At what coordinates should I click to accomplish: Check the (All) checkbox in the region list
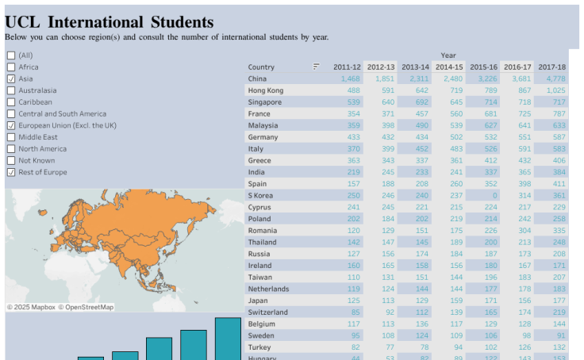coord(11,56)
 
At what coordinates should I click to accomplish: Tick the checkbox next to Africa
coord(11,67)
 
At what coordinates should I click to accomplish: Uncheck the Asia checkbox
coord(11,79)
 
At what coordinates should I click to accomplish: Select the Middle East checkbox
coord(11,137)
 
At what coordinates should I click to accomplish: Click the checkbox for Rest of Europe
coord(11,172)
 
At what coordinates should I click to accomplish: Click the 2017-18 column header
coord(551,67)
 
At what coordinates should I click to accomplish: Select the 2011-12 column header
coord(347,67)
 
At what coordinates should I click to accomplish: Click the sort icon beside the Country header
coord(317,67)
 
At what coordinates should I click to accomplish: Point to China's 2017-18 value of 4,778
coord(555,79)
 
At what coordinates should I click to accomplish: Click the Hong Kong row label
coord(265,90)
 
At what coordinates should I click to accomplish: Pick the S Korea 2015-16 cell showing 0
coord(494,195)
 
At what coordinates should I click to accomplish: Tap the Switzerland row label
coord(267,312)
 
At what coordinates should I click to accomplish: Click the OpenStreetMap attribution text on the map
coord(89,307)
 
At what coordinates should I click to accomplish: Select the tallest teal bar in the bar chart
coord(228,339)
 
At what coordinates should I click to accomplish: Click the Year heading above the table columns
coord(448,56)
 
